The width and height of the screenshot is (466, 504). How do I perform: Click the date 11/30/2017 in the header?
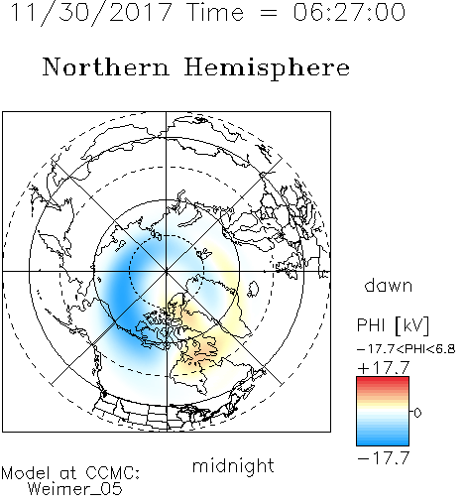click(x=91, y=13)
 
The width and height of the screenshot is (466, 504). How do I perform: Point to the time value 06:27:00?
click(x=349, y=12)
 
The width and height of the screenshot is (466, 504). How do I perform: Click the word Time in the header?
click(x=215, y=12)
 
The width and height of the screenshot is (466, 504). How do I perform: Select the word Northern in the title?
click(x=106, y=66)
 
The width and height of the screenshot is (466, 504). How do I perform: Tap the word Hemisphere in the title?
click(x=267, y=68)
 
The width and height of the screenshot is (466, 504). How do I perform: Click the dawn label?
click(x=389, y=285)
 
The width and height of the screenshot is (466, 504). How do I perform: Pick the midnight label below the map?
click(x=233, y=465)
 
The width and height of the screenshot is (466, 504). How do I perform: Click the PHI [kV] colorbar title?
click(x=393, y=325)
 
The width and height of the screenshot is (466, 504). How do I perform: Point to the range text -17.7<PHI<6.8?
click(x=407, y=349)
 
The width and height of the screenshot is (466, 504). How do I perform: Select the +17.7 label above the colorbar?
click(x=384, y=368)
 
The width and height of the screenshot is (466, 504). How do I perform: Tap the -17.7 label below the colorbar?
click(x=384, y=458)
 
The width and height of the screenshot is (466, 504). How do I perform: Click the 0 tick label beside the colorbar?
click(x=417, y=413)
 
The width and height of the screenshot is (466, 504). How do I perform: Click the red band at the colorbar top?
click(x=383, y=381)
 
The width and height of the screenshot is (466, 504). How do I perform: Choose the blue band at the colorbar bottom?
click(x=383, y=441)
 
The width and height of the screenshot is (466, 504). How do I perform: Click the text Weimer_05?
click(x=75, y=489)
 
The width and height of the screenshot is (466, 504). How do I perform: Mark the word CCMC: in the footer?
click(x=112, y=473)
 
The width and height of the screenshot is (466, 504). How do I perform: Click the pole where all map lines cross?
click(x=167, y=271)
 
